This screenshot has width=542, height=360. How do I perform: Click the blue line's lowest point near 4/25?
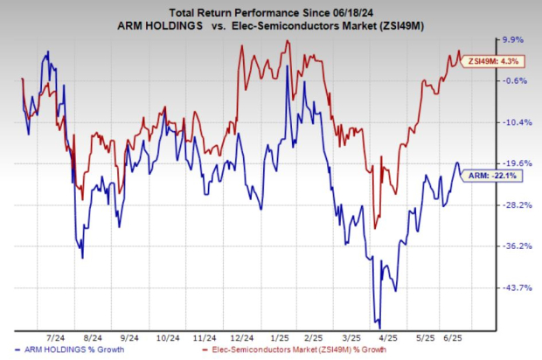377,325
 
